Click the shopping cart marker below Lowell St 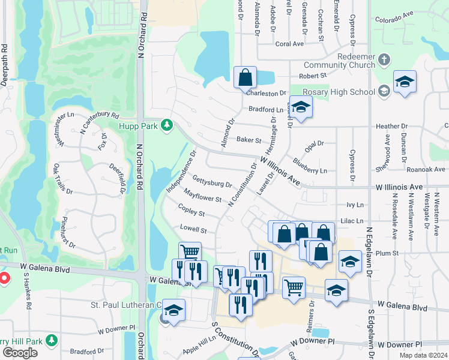[x=190, y=253]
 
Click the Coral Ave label [x=289, y=44]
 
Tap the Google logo [x=20, y=353]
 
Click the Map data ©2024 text [x=423, y=355]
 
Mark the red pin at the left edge [x=3, y=278]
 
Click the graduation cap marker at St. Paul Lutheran [x=173, y=310]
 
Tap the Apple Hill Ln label [x=199, y=342]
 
